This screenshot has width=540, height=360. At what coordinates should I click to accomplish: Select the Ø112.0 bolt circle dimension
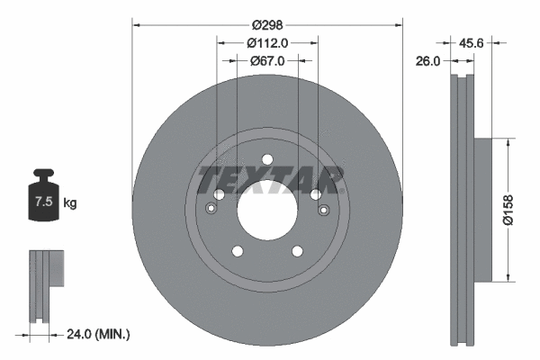[267, 43]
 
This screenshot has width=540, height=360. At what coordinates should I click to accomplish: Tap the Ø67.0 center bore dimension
[267, 61]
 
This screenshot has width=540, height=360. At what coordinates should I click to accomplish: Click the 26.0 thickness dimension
[429, 61]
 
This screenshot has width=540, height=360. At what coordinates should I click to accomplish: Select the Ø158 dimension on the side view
[509, 209]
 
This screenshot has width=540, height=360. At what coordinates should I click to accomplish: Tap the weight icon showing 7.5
[43, 200]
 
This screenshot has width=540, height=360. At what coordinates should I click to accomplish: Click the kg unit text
[70, 203]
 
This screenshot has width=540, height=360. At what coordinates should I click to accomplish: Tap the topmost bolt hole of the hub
[267, 160]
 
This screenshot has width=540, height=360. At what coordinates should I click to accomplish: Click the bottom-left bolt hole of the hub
[237, 252]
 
